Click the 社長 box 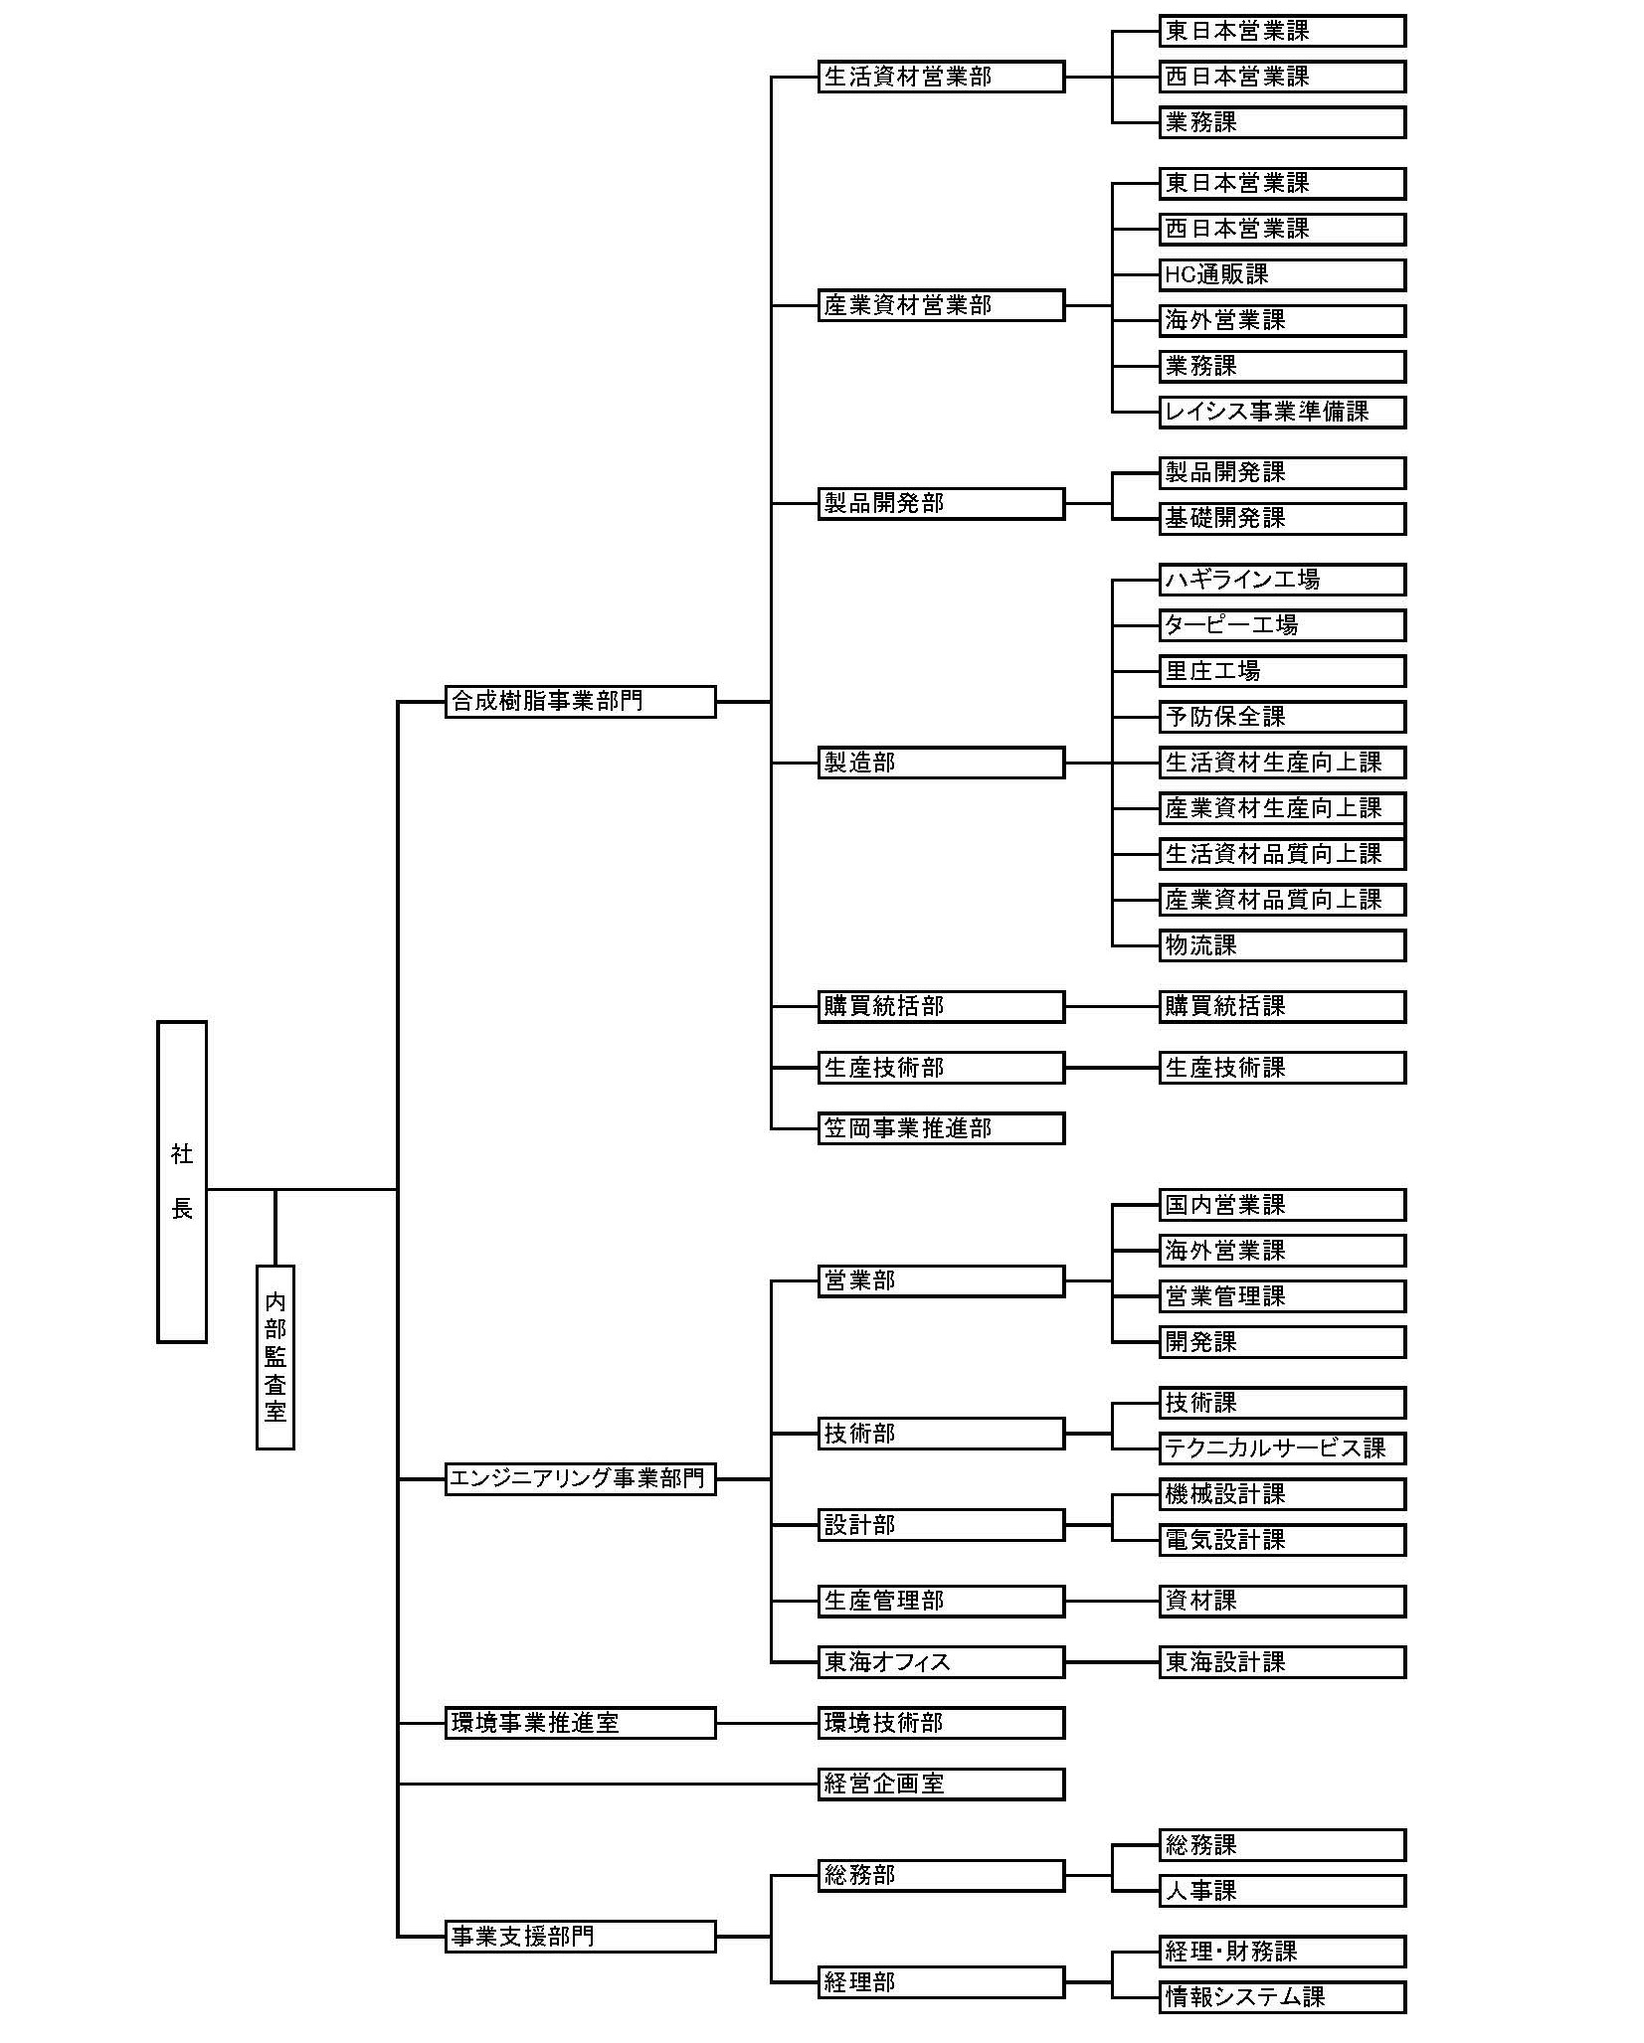pos(182,1181)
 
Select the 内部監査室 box pos(275,1357)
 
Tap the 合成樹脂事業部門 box pos(580,702)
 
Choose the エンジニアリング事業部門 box pos(580,1479)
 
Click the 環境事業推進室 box pos(580,1723)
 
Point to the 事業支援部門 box pos(580,1937)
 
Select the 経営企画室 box pos(941,1785)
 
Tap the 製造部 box pos(941,764)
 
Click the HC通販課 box pos(1282,274)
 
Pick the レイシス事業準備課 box pos(1282,412)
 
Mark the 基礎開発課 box pos(1282,518)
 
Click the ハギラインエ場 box pos(1282,580)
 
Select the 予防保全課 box pos(1282,717)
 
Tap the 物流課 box pos(1282,945)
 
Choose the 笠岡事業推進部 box pos(941,1128)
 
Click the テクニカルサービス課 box pos(1282,1448)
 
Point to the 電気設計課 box pos(1282,1540)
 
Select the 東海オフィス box pos(941,1662)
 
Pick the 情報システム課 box pos(1282,1997)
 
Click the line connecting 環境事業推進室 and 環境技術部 pos(767,1723)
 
